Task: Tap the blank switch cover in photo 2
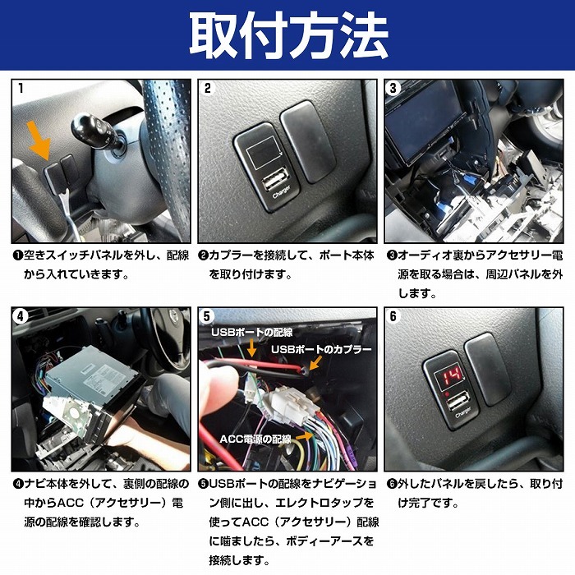306,141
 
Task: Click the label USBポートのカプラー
320,349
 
